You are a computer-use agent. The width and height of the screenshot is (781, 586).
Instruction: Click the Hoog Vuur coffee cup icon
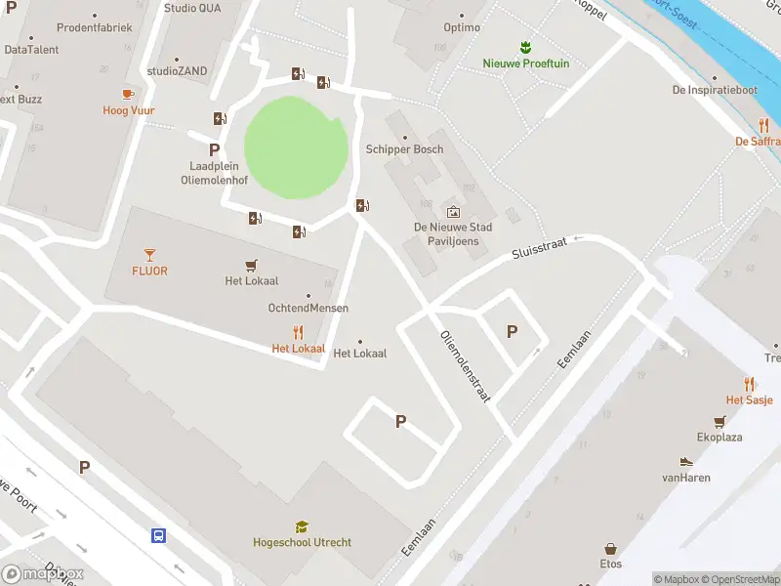click(128, 94)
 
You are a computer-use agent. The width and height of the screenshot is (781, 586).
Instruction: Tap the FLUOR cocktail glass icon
click(149, 254)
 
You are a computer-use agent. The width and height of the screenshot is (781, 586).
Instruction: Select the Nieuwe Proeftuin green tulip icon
click(525, 47)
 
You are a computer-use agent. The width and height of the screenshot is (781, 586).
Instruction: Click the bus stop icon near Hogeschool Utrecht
click(158, 535)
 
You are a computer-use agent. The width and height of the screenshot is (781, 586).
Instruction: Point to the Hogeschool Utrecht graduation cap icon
click(302, 526)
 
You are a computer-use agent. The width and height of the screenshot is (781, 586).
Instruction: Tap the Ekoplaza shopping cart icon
click(720, 422)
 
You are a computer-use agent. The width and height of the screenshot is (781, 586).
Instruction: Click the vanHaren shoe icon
click(685, 462)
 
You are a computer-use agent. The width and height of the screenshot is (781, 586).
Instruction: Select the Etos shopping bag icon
click(610, 549)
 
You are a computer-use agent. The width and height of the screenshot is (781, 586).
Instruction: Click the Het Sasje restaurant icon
click(749, 384)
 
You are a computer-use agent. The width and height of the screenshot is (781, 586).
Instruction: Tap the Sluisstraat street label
click(540, 253)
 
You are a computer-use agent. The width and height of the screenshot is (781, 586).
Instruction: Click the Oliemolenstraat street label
click(465, 366)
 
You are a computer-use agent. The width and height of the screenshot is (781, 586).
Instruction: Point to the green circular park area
click(295, 148)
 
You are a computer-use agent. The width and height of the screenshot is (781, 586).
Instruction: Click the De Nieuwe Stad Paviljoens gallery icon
click(453, 211)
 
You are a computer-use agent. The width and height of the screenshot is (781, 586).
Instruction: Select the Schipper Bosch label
click(404, 149)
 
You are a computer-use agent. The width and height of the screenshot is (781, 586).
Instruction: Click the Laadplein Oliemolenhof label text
click(215, 173)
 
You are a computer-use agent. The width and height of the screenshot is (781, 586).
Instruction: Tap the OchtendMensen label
click(308, 308)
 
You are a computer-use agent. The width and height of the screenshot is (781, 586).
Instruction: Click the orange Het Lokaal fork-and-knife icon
click(298, 332)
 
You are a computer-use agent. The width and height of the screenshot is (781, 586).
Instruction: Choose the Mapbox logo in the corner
click(43, 574)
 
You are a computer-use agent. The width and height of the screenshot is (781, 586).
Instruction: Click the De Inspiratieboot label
click(715, 90)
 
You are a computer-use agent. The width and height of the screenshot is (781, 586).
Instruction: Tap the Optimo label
click(462, 27)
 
